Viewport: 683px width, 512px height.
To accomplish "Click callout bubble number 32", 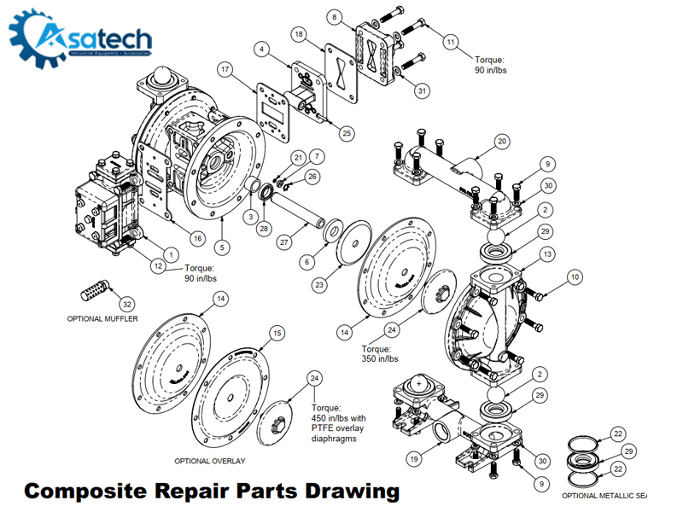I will point(127,303).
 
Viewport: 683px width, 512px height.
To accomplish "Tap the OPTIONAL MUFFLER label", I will point(102,318).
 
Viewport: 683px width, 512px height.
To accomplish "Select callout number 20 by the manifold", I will point(502,141).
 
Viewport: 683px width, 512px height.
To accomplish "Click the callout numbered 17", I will point(225,68).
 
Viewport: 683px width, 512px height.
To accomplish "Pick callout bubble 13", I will point(547,253).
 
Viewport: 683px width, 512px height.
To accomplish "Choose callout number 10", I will point(575,276).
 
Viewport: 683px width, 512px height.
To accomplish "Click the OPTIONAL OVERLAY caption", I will point(210,461).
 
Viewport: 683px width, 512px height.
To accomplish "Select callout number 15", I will point(276,332).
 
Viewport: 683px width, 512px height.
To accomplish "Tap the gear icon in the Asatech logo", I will point(36,38).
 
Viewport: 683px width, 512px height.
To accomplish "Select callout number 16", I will point(197,238).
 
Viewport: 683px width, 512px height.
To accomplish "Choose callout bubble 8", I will point(335,16).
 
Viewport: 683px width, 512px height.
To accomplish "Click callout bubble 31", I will point(423,90).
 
